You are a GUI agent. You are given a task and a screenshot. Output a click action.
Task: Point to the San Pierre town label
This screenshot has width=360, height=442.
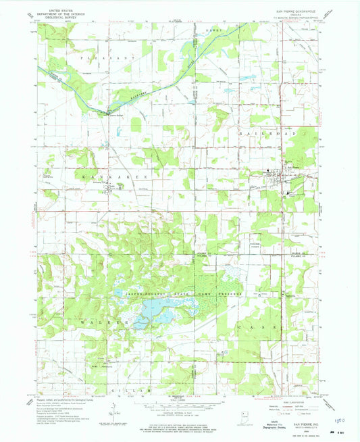(292, 168)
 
